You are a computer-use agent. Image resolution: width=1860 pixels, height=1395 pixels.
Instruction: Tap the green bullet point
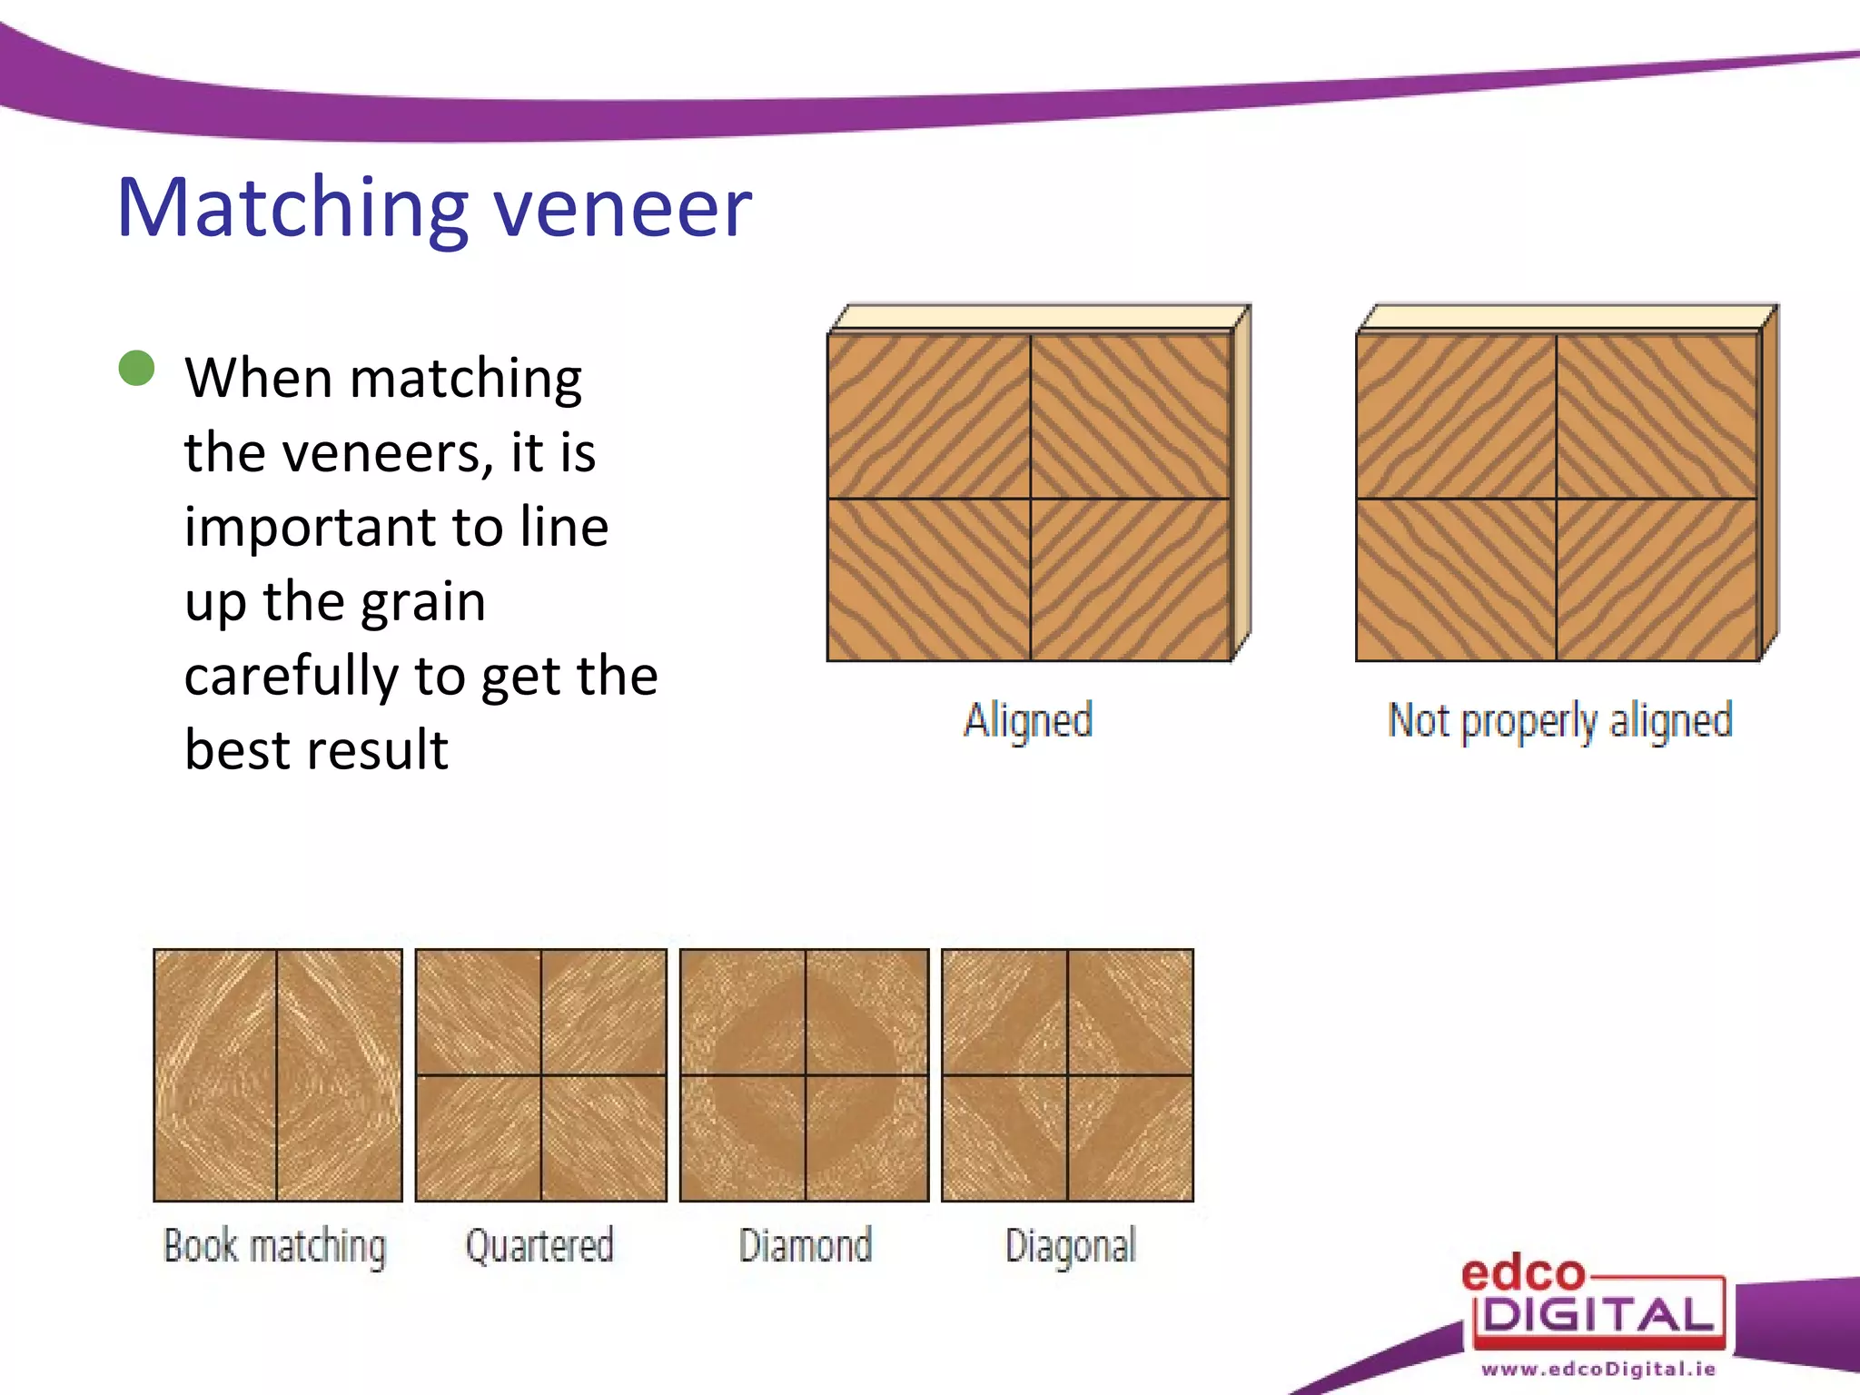[137, 369]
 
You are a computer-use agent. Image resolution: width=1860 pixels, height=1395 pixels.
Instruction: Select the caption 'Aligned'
[1028, 721]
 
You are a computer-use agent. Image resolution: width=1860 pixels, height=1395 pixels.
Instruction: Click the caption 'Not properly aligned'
[1560, 721]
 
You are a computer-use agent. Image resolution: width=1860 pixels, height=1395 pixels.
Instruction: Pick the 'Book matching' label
[274, 1245]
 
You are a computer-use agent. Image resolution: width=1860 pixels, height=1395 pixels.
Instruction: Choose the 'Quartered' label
[539, 1245]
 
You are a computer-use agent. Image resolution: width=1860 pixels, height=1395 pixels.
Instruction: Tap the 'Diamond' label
[805, 1245]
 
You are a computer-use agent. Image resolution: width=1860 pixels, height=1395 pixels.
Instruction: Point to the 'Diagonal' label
[1070, 1246]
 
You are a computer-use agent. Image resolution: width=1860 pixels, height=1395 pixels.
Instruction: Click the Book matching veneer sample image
[277, 1075]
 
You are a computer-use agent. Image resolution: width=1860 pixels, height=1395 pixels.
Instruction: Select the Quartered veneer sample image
[540, 1075]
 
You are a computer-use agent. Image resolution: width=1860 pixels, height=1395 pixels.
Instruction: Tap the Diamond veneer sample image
[805, 1075]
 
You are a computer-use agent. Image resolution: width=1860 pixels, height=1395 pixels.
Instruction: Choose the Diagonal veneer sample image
[1067, 1075]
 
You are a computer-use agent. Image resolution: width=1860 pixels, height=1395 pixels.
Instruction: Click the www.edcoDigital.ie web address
[1598, 1369]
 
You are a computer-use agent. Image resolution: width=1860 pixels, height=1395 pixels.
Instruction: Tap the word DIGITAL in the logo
[1598, 1315]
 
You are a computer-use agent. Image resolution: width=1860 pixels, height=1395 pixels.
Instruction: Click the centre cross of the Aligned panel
[1030, 499]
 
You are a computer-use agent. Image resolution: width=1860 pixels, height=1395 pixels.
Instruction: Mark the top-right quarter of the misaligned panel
[1657, 416]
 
